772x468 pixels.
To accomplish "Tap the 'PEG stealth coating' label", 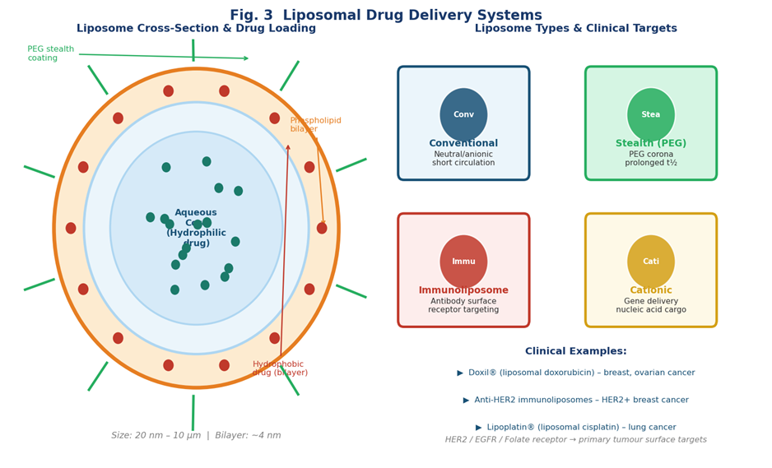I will coord(50,54).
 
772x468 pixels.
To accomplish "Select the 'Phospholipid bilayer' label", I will coord(314,125).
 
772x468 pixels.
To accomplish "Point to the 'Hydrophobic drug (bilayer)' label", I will coord(280,368).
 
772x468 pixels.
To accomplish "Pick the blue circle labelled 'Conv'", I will coord(463,114).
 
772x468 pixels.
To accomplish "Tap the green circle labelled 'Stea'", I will coord(650,114).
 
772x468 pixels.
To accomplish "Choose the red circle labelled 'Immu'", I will coord(463,262).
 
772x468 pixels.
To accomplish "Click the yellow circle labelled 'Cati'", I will coord(650,262).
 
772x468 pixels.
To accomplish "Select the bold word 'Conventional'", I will coord(463,144).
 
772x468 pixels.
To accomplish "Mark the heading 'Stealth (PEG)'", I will coord(650,144).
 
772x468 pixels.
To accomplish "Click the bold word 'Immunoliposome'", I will coord(463,290).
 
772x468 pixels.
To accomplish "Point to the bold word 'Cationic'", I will coord(650,290).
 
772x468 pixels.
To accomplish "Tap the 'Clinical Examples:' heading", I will coord(575,351).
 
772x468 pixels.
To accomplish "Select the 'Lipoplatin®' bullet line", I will coord(575,428).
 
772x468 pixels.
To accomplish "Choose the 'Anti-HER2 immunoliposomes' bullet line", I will coord(575,401).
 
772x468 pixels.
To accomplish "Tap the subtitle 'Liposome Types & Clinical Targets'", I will coord(575,29).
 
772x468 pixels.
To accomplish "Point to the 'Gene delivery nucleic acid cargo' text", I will coord(650,306).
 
